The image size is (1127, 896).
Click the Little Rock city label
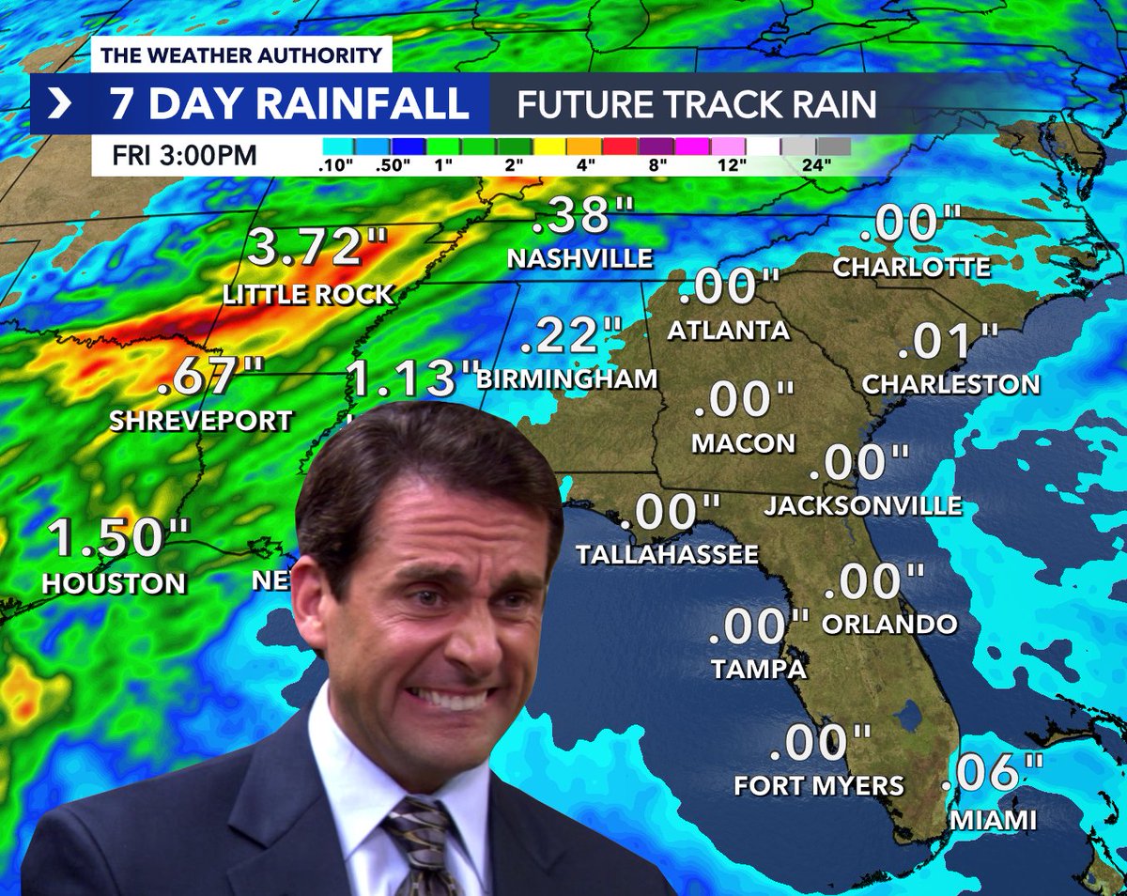[308, 295]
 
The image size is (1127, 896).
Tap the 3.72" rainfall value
[306, 249]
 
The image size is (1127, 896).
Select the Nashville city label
[579, 257]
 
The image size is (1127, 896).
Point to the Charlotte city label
[912, 267]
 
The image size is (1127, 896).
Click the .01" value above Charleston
[948, 343]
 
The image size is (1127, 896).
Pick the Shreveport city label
[201, 421]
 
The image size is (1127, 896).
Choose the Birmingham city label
[566, 378]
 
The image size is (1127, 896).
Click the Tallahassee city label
[667, 554]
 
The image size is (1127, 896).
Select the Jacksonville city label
[863, 506]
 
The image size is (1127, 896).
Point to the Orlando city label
[888, 624]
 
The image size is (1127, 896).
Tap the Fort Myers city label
[819, 785]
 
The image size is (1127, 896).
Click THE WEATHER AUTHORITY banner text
[241, 55]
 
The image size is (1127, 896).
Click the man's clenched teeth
[451, 701]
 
